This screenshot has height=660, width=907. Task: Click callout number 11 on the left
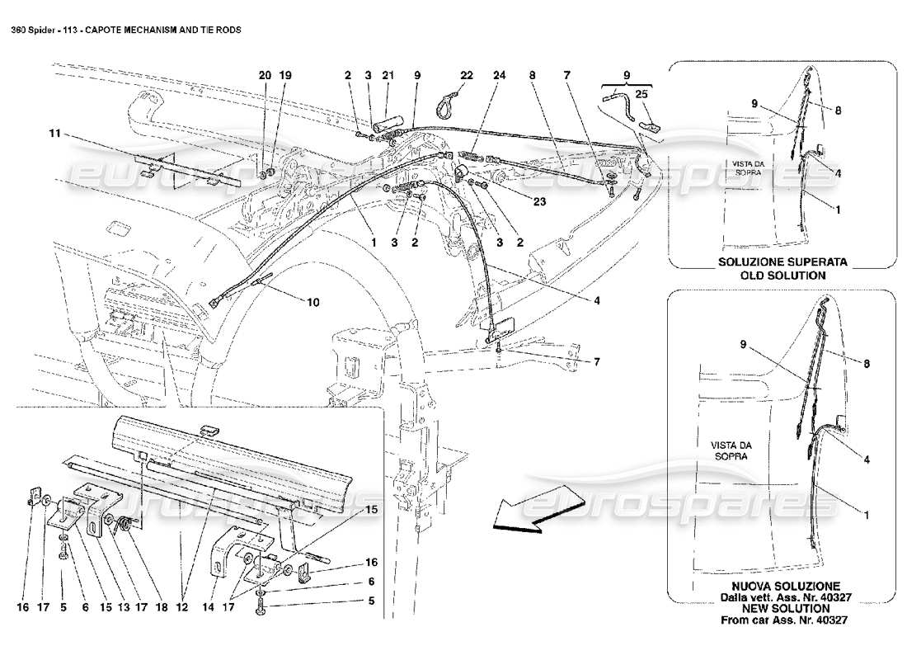click(54, 132)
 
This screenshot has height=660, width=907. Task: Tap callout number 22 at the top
click(466, 75)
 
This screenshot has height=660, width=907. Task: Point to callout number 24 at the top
click(499, 75)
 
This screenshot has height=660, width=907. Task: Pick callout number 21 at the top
click(387, 75)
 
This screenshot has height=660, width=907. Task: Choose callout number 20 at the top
click(265, 75)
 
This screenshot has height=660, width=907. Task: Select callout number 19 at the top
click(285, 75)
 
